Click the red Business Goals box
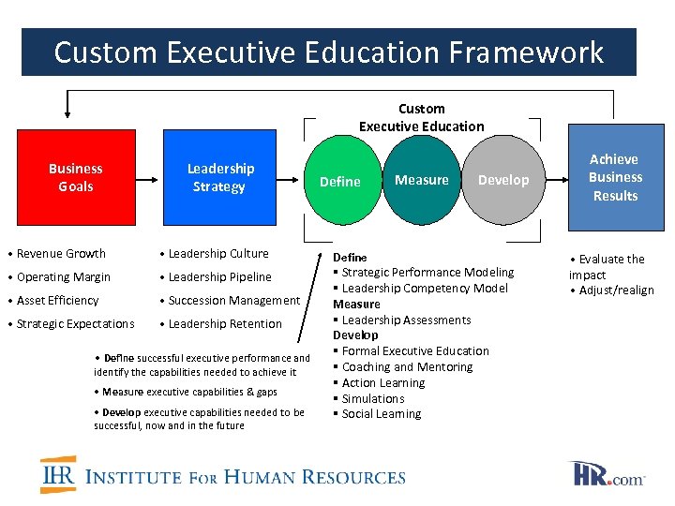click(x=74, y=177)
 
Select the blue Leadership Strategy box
click(x=218, y=177)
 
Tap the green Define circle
click(x=339, y=181)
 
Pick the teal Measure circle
click(x=421, y=179)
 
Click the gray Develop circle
click(x=503, y=179)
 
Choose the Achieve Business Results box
click(x=615, y=177)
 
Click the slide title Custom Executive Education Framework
click(x=328, y=52)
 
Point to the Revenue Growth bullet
click(x=61, y=253)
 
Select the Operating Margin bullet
click(x=63, y=276)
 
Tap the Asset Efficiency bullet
click(x=57, y=300)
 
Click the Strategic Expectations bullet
click(x=75, y=323)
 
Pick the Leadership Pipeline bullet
click(x=219, y=276)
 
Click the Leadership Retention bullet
click(x=225, y=323)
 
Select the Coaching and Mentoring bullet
click(x=407, y=366)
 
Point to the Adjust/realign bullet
click(x=616, y=290)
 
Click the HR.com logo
click(x=607, y=473)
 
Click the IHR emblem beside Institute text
click(x=58, y=474)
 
